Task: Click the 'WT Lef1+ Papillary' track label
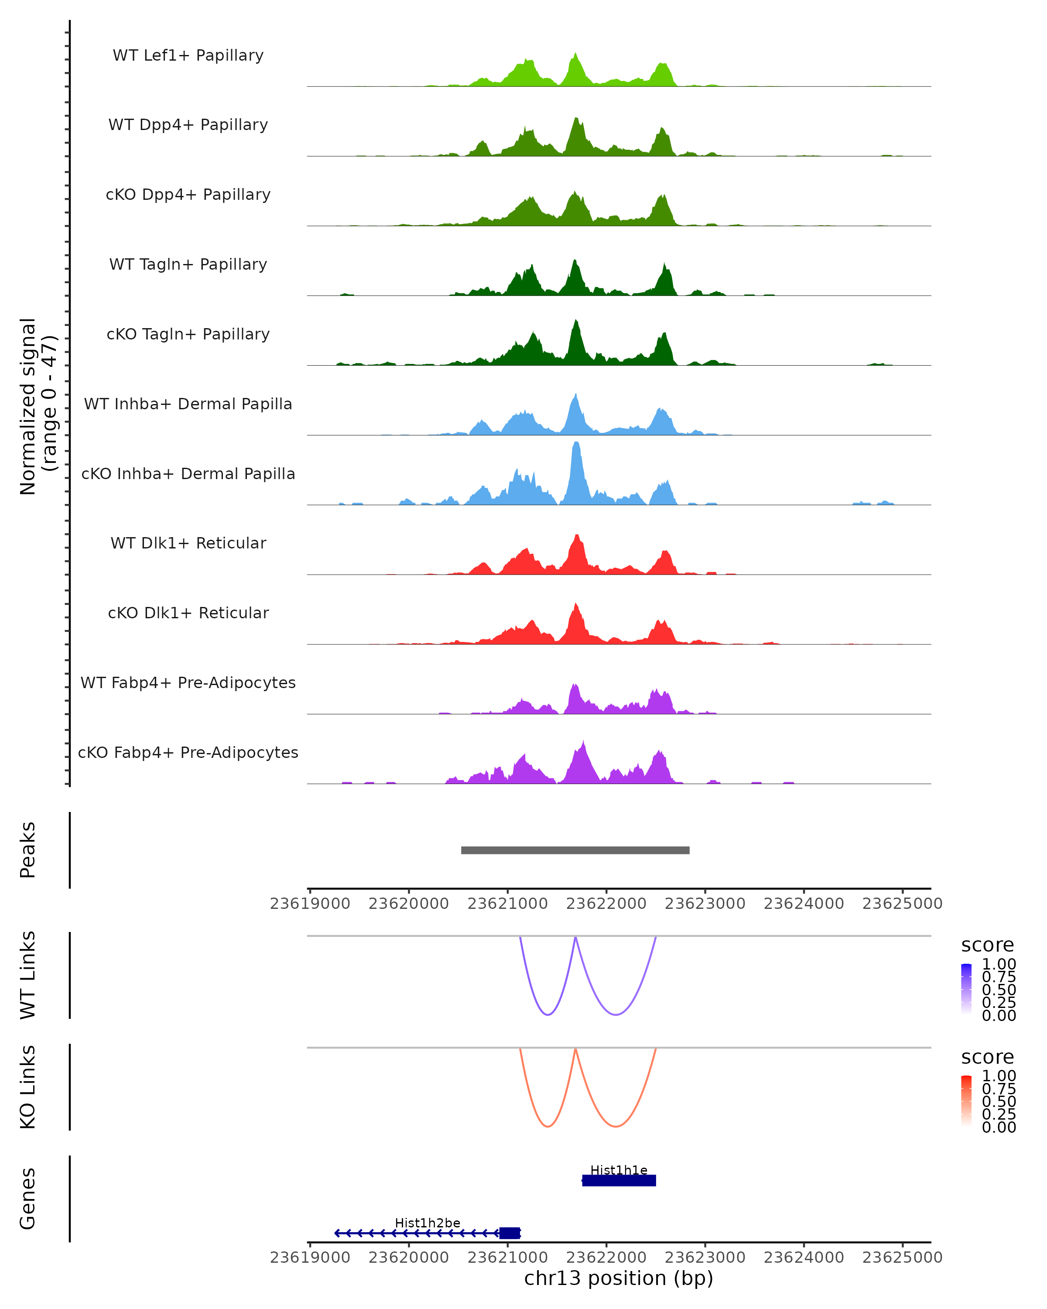(x=188, y=56)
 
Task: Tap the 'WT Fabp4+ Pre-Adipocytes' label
(x=188, y=683)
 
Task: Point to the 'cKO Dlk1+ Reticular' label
(x=188, y=613)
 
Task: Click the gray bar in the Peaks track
(x=575, y=850)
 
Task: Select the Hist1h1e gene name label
(x=619, y=1170)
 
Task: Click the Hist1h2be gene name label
(x=427, y=1223)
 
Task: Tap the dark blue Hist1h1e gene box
(x=619, y=1180)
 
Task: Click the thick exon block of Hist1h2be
(x=509, y=1233)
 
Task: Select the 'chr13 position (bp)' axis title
(x=619, y=1278)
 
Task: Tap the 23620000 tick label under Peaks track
(x=408, y=904)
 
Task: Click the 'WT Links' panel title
(x=28, y=975)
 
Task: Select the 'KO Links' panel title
(x=28, y=1087)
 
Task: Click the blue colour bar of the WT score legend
(x=966, y=988)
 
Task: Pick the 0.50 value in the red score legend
(x=999, y=1101)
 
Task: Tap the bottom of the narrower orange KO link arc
(x=547, y=1126)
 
